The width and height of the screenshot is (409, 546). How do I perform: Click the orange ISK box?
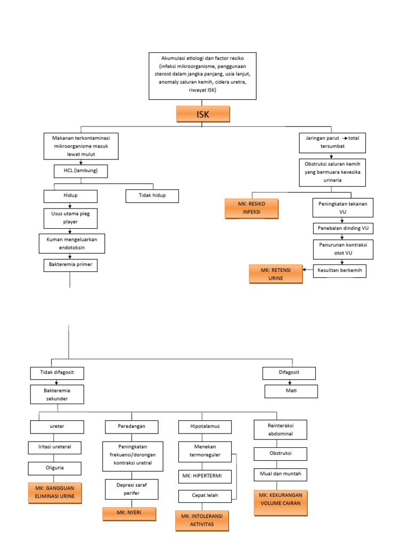tap(203, 114)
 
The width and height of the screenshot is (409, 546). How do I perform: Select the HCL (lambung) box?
tap(81, 171)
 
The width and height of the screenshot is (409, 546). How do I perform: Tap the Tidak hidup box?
tap(152, 196)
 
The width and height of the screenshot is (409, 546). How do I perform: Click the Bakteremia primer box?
tap(71, 264)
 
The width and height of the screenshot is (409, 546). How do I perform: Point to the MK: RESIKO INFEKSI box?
tap(251, 208)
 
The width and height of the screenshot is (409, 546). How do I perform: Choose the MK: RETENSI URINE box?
tap(275, 274)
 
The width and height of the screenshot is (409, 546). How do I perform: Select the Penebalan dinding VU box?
tap(343, 228)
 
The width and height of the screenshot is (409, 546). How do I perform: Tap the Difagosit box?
tap(289, 373)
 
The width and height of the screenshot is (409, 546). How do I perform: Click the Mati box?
tap(291, 391)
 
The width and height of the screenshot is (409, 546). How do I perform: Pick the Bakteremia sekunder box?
tap(56, 395)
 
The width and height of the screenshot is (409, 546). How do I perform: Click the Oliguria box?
tap(55, 468)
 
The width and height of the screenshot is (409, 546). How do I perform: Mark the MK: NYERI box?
tap(129, 513)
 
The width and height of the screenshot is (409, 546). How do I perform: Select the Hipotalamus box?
tap(204, 427)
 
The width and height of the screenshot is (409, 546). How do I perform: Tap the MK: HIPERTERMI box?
tap(204, 475)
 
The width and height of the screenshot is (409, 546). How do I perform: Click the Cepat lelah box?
tap(204, 495)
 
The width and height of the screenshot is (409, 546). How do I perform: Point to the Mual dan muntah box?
tap(280, 473)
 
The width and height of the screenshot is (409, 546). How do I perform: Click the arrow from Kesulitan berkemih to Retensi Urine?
tap(308, 270)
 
